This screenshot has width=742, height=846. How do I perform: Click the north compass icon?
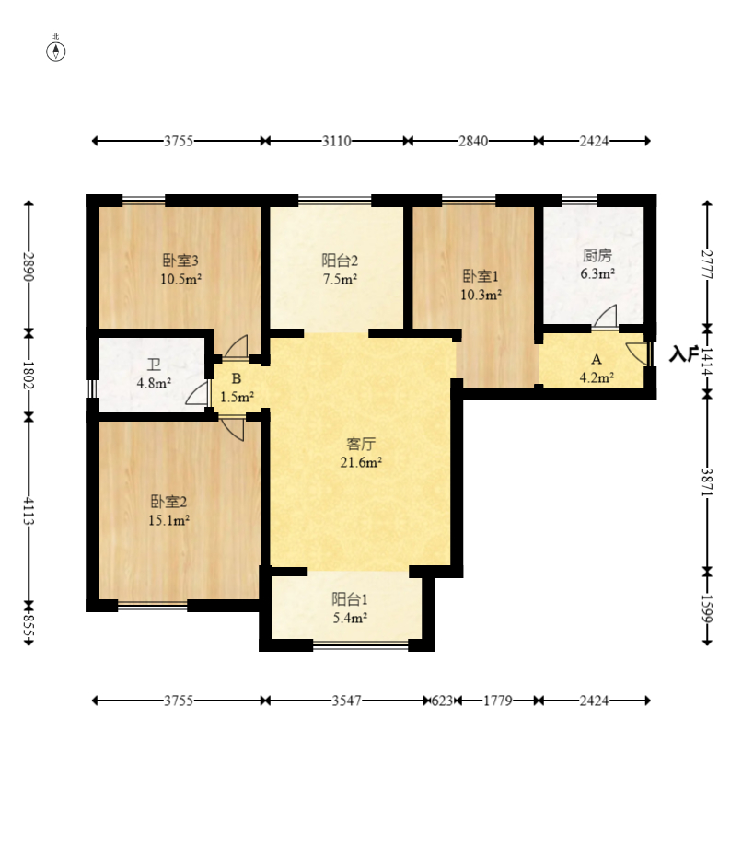(55, 52)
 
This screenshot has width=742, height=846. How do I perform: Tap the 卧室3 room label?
(180, 261)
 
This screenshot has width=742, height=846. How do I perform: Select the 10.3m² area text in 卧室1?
(481, 295)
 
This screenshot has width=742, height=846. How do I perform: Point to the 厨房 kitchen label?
(597, 255)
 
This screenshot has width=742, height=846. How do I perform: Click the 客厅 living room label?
(361, 444)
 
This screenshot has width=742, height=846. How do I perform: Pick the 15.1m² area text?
(168, 520)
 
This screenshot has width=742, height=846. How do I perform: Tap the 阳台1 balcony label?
(350, 599)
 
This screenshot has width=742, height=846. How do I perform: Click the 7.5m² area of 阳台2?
(340, 279)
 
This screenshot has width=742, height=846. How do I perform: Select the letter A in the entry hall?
(597, 359)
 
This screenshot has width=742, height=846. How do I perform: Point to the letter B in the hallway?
(237, 378)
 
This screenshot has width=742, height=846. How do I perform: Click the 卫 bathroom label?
(154, 365)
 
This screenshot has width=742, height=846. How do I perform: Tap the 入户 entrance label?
(684, 353)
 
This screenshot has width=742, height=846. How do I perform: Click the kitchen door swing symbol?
(606, 317)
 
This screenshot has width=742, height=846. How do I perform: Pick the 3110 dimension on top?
(336, 141)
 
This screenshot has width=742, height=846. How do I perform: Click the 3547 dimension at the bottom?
(346, 701)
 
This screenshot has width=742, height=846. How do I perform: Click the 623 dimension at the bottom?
(442, 701)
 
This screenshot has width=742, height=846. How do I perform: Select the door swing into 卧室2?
(233, 428)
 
